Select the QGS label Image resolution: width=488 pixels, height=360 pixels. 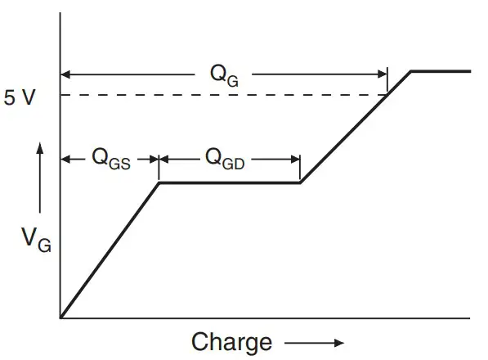click(110, 159)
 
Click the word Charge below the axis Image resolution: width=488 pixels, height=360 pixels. click(231, 341)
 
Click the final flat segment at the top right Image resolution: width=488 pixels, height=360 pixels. click(441, 71)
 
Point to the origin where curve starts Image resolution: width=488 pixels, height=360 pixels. click(61, 317)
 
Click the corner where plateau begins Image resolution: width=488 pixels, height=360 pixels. click(159, 182)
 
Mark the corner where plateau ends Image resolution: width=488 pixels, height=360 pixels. click(301, 182)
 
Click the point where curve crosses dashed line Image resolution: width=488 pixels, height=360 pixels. click(388, 95)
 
